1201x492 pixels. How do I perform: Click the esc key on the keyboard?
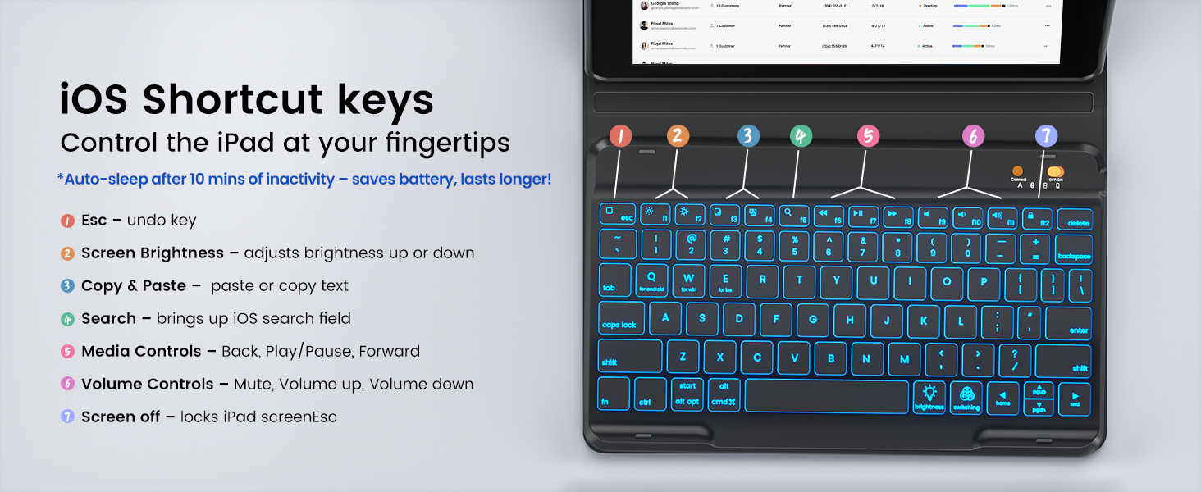618,214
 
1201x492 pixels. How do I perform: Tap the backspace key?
1073,248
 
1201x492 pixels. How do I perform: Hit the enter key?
1068,322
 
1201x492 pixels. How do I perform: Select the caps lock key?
620,318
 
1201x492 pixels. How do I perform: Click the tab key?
614,280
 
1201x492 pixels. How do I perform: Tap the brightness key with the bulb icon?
929,398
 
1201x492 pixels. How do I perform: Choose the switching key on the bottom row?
966,398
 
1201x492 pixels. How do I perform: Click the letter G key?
813,320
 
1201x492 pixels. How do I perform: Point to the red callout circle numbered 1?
621,136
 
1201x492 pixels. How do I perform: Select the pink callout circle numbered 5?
868,136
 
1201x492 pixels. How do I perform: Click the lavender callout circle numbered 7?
1046,136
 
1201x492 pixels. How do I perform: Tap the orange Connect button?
1018,171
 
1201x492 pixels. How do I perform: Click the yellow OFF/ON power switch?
1055,172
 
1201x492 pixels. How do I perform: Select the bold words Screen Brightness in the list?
153,253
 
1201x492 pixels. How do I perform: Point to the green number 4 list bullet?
67,319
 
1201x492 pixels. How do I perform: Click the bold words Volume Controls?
153,385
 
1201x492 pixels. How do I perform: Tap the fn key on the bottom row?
613,394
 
